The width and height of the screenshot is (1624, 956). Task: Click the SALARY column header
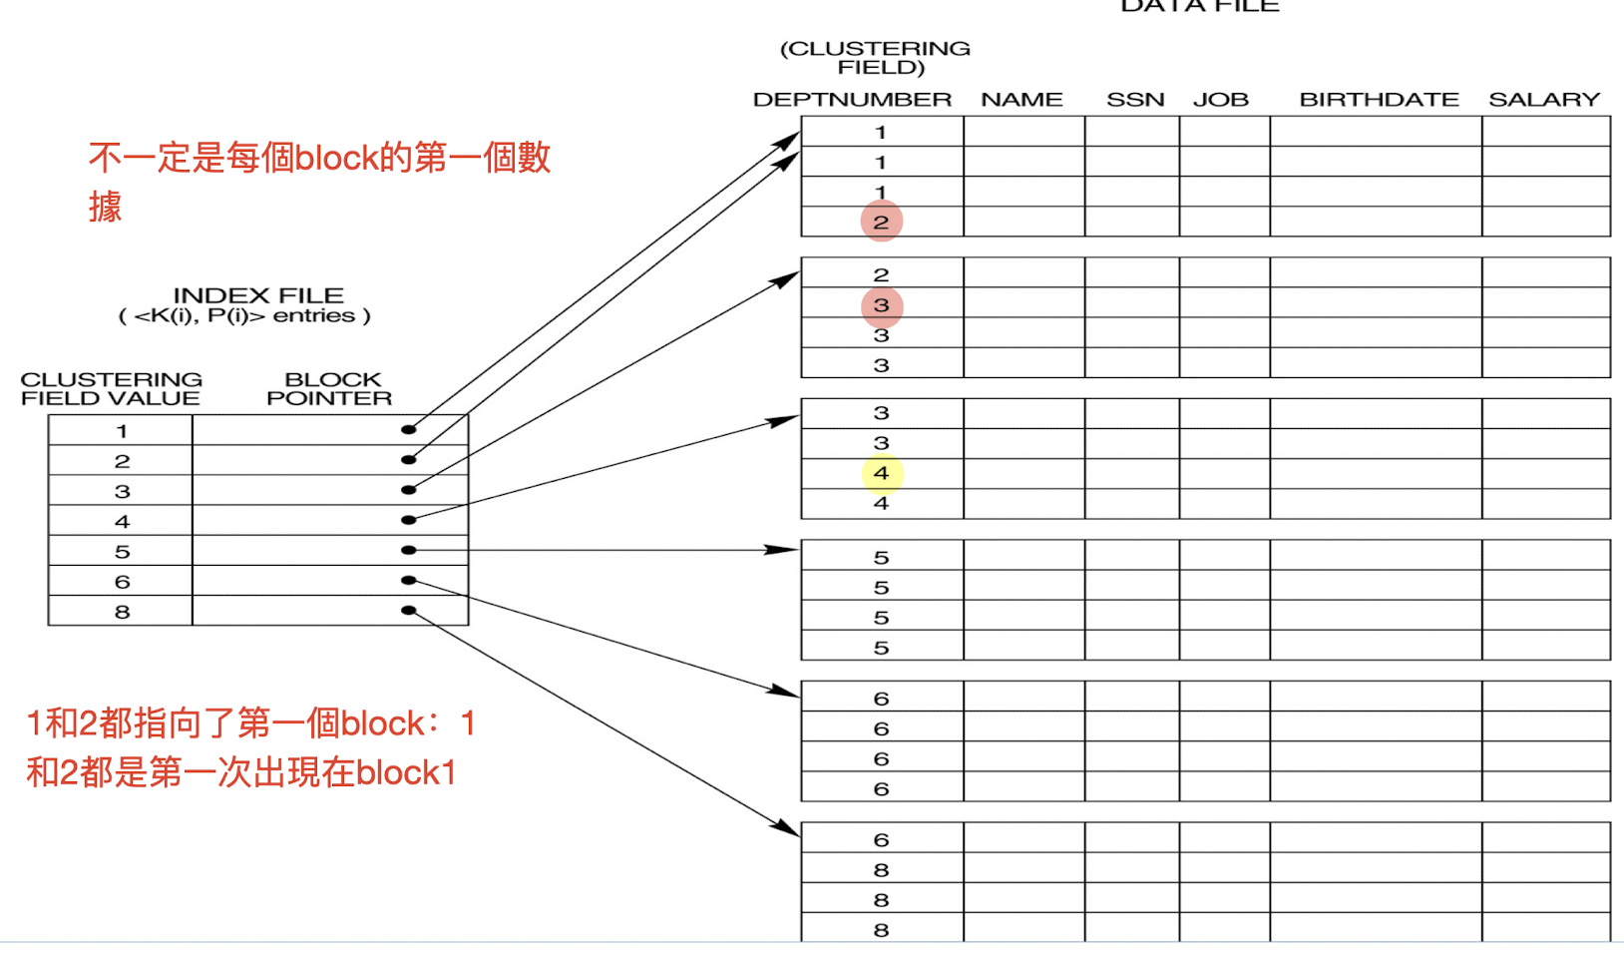[x=1543, y=100]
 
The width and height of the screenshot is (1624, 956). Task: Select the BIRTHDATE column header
[x=1379, y=100]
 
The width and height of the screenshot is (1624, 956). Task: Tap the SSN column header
[x=1135, y=100]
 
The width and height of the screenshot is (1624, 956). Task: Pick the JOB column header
[x=1220, y=100]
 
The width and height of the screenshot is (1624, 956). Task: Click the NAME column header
[x=1021, y=100]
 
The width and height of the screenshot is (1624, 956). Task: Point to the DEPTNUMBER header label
[x=852, y=100]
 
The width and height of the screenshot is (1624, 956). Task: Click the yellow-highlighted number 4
[x=882, y=473]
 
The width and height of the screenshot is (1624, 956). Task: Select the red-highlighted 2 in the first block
[x=882, y=222]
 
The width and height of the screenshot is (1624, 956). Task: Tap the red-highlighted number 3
[x=882, y=305]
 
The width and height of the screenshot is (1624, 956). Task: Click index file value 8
[x=122, y=612]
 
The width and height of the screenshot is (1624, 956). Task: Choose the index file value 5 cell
[x=122, y=552]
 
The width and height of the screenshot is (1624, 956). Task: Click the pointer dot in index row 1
[x=408, y=430]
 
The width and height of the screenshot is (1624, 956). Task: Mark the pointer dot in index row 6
[x=408, y=580]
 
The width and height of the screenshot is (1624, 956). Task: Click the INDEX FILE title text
[x=258, y=295]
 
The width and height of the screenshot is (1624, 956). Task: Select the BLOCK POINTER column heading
[x=329, y=389]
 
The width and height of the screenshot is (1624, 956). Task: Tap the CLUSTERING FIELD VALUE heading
[x=111, y=389]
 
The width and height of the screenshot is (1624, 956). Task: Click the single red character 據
[x=105, y=207]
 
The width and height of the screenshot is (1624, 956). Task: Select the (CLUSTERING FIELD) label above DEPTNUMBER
[x=875, y=58]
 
